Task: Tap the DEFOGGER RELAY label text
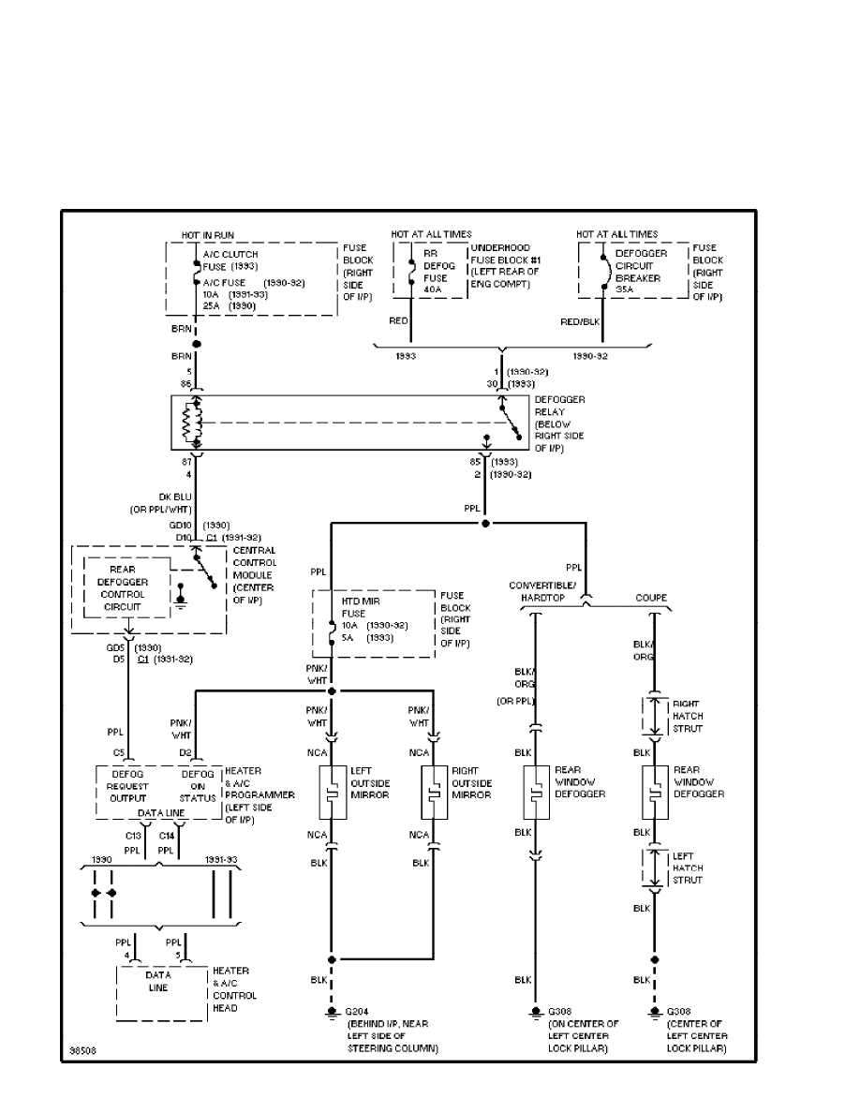tap(559, 424)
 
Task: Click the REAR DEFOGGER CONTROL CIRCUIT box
tap(127, 587)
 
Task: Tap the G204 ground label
tap(356, 1013)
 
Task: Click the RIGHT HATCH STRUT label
tap(688, 716)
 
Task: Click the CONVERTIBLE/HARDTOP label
tap(541, 592)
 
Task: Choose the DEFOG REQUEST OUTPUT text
tap(128, 787)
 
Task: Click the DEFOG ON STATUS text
tap(197, 787)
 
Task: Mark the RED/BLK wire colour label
tap(579, 321)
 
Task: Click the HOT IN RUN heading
tap(207, 234)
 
